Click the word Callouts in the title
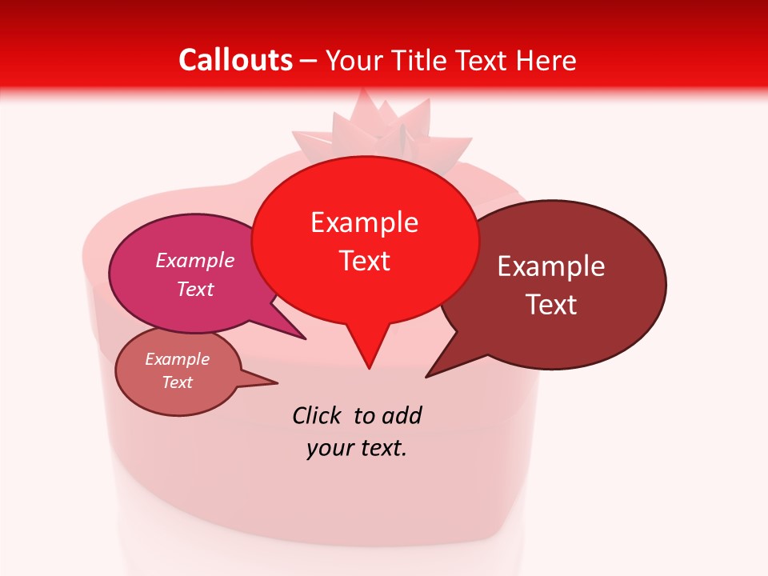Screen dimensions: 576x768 click(x=235, y=60)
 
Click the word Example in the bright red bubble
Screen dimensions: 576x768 click(x=364, y=222)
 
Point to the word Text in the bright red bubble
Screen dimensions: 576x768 click(x=365, y=261)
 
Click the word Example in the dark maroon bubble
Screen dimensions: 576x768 click(x=551, y=266)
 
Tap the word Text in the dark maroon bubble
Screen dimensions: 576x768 click(x=552, y=305)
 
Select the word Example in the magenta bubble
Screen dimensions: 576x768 click(x=195, y=260)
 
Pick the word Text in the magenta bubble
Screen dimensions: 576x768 click(x=195, y=289)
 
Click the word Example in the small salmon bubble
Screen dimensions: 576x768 click(x=178, y=359)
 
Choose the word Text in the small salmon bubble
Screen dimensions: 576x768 click(x=178, y=382)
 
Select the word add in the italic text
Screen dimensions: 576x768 click(x=402, y=415)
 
